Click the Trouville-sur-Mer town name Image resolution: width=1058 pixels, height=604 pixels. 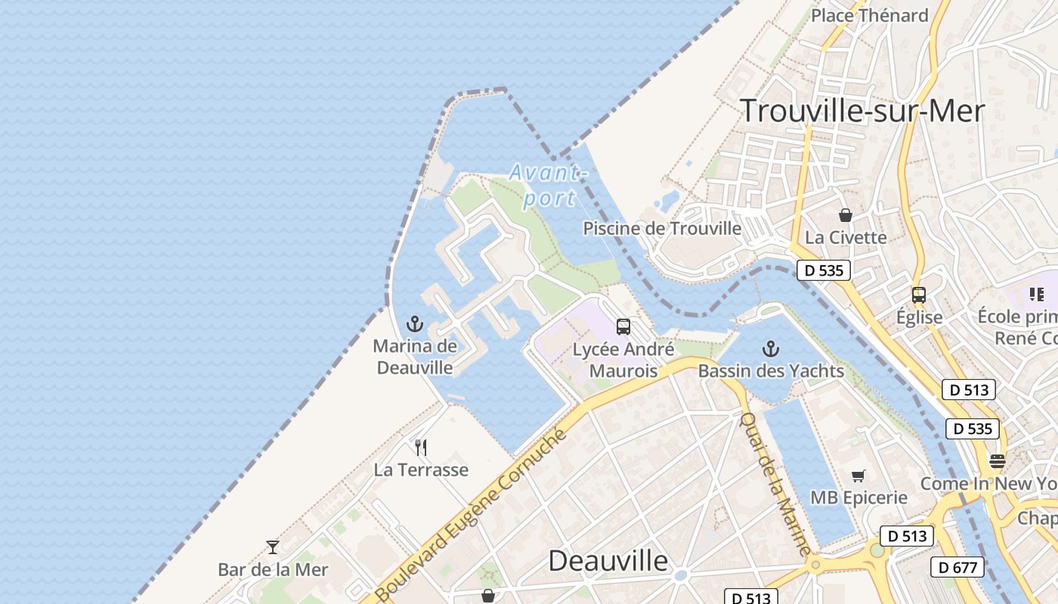862,111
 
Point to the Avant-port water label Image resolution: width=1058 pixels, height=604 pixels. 549,185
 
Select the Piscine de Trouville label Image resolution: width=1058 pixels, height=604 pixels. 662,228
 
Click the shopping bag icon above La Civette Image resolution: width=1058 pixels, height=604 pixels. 845,215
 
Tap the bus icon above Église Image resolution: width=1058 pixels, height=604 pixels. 919,295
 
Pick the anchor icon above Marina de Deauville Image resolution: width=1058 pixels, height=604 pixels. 415,325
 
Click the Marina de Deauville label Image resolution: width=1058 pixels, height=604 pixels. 415,357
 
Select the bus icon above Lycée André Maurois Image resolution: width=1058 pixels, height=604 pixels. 623,327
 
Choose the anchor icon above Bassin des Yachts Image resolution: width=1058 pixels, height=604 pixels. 770,349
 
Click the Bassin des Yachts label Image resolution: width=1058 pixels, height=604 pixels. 771,371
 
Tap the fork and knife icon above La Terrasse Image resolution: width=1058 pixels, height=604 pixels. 421,448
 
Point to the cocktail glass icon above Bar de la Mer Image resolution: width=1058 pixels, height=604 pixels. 273,547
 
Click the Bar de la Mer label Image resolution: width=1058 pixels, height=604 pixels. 273,569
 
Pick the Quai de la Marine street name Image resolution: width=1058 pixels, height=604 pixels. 775,483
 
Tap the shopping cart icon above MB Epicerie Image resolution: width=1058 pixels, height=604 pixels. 858,476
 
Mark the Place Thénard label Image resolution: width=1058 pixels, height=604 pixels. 869,15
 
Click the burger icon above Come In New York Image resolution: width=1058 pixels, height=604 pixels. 998,461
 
